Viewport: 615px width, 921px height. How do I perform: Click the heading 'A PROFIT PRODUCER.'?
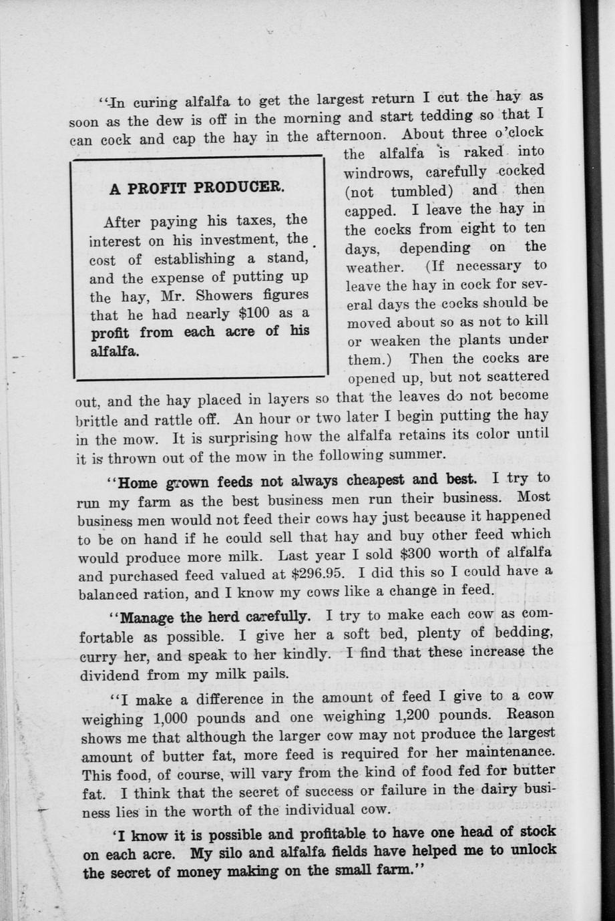(197, 188)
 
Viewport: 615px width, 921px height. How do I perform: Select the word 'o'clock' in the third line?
(519, 132)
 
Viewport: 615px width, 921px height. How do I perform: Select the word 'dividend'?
(110, 675)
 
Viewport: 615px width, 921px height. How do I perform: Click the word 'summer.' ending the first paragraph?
(421, 454)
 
